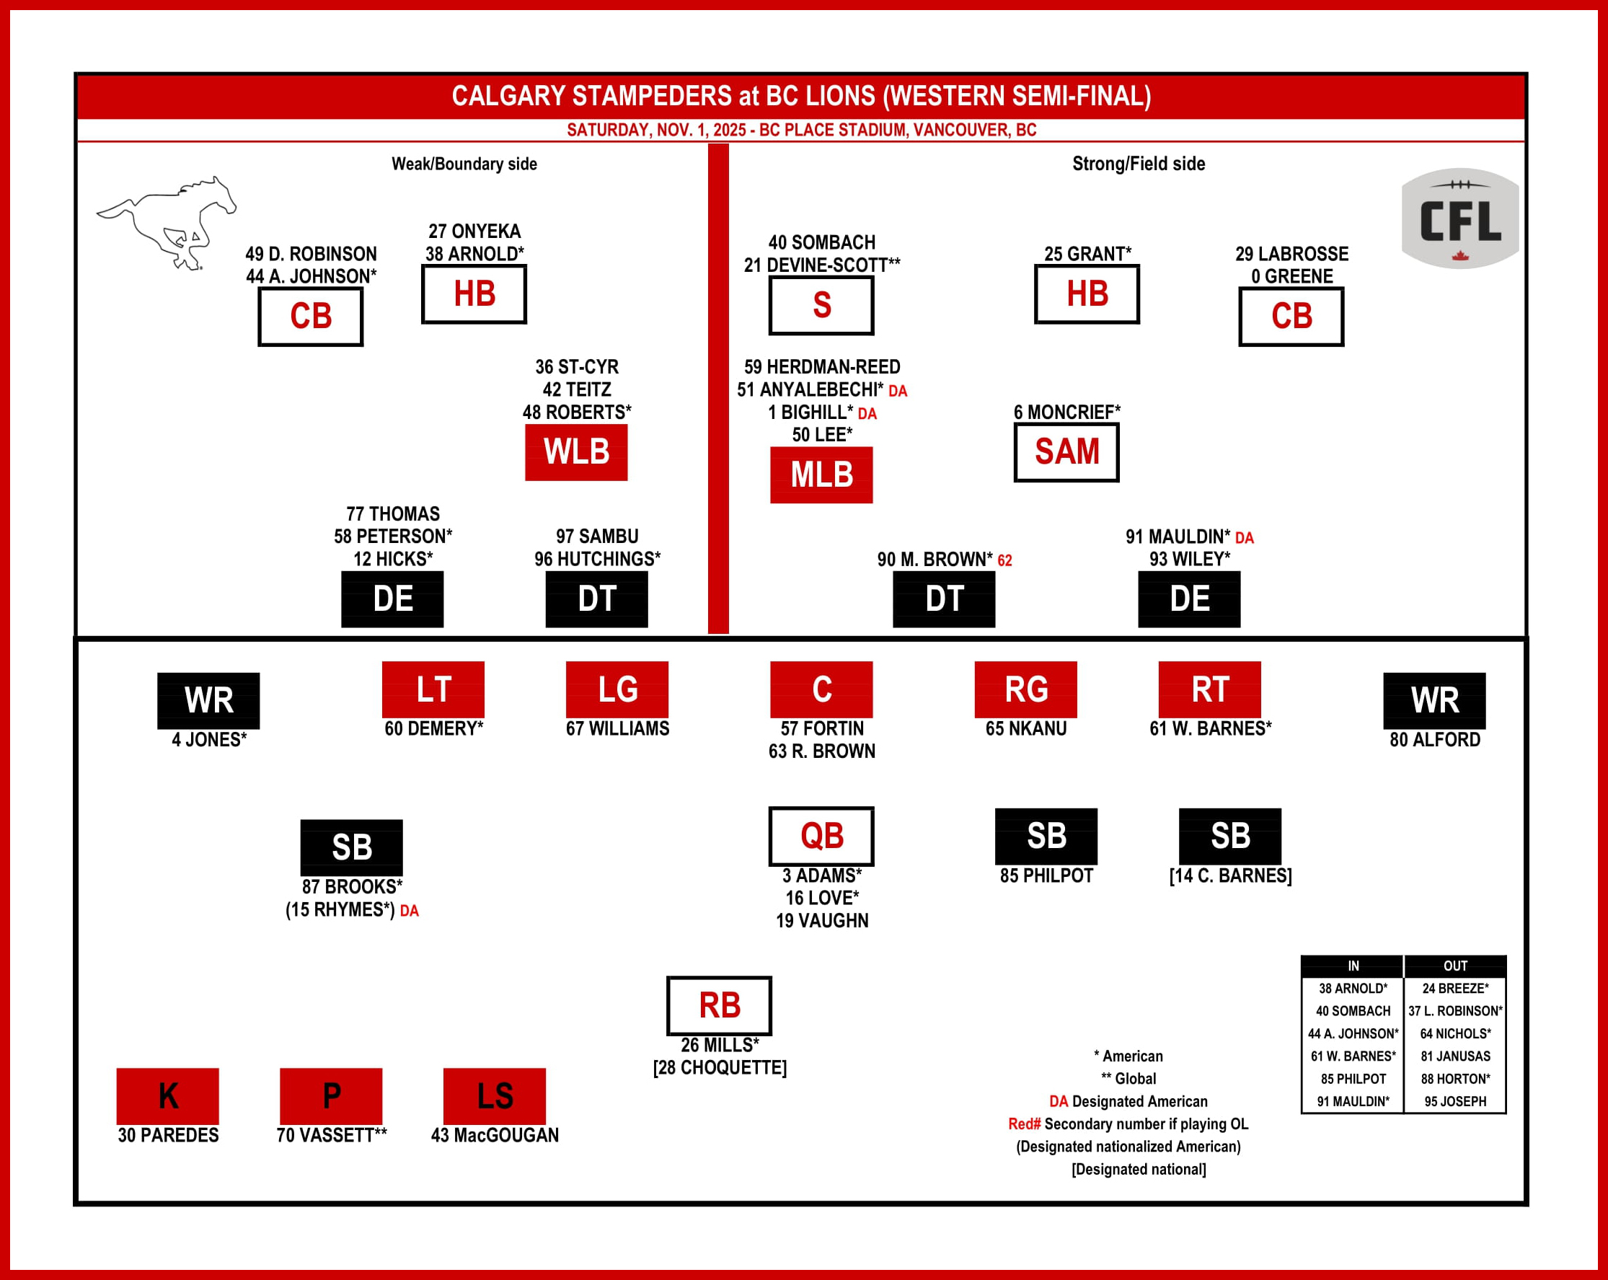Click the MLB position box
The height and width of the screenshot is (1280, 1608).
point(821,475)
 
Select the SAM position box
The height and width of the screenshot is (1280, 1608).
point(1066,452)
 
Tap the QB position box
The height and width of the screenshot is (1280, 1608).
point(821,836)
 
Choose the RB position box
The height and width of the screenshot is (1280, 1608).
point(719,1005)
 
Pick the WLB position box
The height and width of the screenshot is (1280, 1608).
point(575,452)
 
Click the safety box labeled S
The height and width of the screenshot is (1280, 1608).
point(821,305)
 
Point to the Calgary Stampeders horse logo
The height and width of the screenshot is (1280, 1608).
point(167,222)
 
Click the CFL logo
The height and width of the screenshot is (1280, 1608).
point(1459,219)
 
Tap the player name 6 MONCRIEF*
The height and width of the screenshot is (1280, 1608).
point(1066,412)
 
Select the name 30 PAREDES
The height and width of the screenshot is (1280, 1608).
point(168,1134)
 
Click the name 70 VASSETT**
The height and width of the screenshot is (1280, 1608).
point(331,1134)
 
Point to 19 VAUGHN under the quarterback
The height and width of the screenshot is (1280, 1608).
point(822,920)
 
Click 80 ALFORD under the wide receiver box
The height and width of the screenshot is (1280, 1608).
point(1434,739)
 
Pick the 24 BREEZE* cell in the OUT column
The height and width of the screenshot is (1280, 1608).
point(1454,989)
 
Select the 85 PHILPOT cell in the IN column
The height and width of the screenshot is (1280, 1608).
point(1353,1079)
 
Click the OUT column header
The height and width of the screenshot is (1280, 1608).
point(1454,966)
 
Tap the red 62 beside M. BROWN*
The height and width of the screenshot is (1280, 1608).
point(1004,560)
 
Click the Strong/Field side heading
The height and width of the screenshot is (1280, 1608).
point(1138,164)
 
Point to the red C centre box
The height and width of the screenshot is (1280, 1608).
point(821,689)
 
